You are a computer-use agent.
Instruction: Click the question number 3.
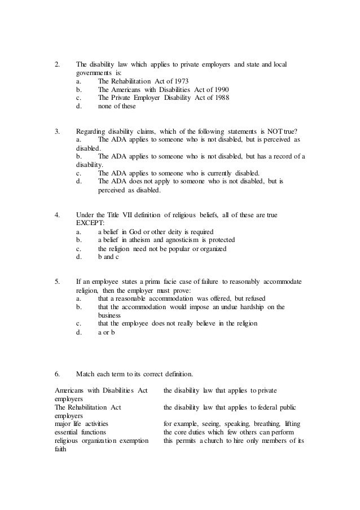coord(57,131)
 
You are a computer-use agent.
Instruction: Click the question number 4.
coord(57,215)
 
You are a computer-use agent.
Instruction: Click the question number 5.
coord(57,282)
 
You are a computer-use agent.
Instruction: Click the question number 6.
coord(57,374)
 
